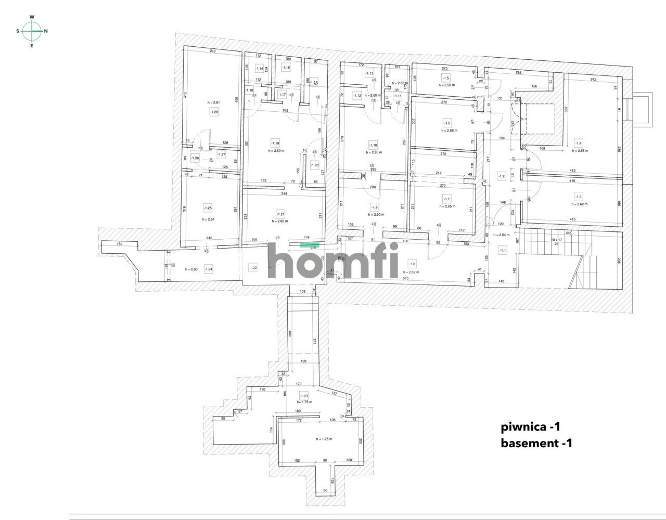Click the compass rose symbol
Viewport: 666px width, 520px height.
32,31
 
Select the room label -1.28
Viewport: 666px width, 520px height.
214,112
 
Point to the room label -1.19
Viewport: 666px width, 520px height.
275,142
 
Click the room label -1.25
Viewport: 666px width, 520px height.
207,208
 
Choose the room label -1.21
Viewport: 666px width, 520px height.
280,214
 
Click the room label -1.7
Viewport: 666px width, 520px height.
446,199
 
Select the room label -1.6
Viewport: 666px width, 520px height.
446,123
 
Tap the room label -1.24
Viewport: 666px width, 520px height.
209,269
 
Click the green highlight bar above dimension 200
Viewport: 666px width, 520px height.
310,243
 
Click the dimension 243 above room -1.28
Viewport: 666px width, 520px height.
213,51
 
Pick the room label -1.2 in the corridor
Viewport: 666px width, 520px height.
502,176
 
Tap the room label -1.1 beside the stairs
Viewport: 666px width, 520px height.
503,250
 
